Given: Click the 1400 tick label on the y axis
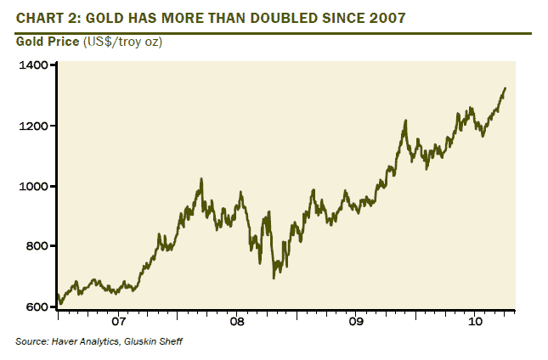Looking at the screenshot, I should click(x=33, y=65).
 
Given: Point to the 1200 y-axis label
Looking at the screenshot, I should click(x=33, y=126).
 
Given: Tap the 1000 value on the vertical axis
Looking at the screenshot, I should click(x=33, y=186).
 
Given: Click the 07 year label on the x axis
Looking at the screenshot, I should click(x=117, y=323).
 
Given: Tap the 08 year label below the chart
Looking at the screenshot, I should click(x=237, y=323).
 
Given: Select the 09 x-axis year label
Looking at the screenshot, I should click(x=356, y=323).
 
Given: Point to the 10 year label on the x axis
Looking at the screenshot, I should click(x=475, y=323).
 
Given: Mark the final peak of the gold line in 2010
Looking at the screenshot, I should click(x=505, y=88).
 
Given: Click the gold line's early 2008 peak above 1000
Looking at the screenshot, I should click(x=201, y=179).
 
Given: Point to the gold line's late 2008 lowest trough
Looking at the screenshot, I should click(x=274, y=277).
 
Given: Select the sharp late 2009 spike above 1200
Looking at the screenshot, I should click(x=406, y=121).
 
